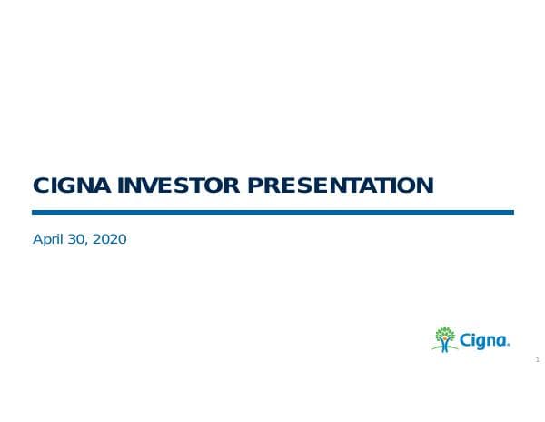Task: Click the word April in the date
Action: pyautogui.click(x=48, y=240)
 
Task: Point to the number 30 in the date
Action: pyautogui.click(x=78, y=240)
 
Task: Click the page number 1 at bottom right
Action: pyautogui.click(x=537, y=360)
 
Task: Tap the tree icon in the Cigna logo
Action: pyautogui.click(x=445, y=338)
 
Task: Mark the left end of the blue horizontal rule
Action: pyautogui.click(x=35, y=212)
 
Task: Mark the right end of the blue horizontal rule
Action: pyautogui.click(x=511, y=212)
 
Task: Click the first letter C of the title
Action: pyautogui.click(x=41, y=186)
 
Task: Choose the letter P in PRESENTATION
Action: pyautogui.click(x=257, y=186)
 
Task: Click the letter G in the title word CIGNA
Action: pyautogui.click(x=66, y=186)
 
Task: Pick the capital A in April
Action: pyautogui.click(x=37, y=240)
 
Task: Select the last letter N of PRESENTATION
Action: pyautogui.click(x=423, y=186)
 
